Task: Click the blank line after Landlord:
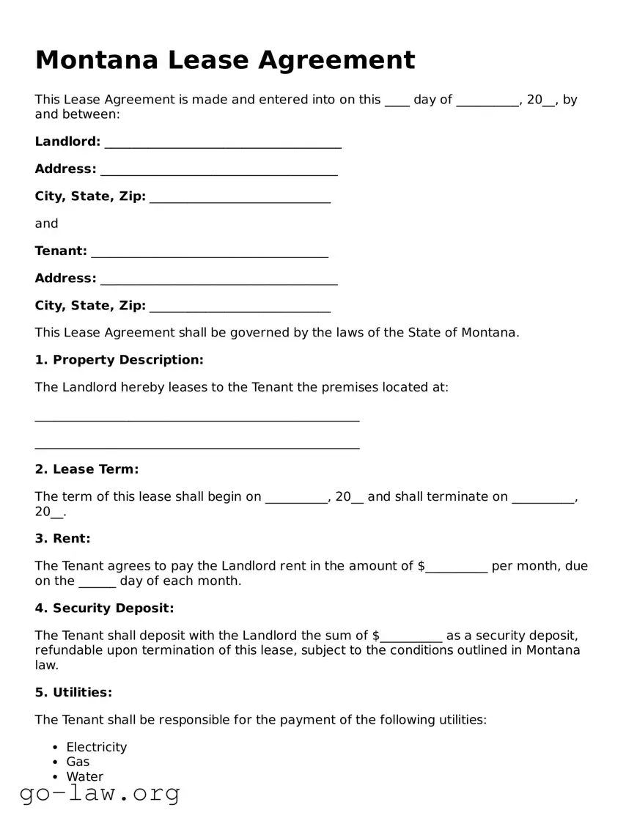[223, 144]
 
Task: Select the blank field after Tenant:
[210, 253]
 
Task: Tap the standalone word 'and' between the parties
[46, 224]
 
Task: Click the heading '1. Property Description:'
[119, 360]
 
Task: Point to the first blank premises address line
[196, 419]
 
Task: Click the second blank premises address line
[196, 446]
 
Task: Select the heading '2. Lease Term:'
[86, 469]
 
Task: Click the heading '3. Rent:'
[62, 539]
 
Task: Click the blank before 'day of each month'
[97, 583]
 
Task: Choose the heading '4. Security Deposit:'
[104, 608]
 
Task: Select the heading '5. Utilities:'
[73, 693]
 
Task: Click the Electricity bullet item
[96, 747]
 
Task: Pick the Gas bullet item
[78, 762]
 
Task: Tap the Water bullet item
[85, 776]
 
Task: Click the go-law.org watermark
[100, 793]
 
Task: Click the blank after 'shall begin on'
[296, 499]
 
